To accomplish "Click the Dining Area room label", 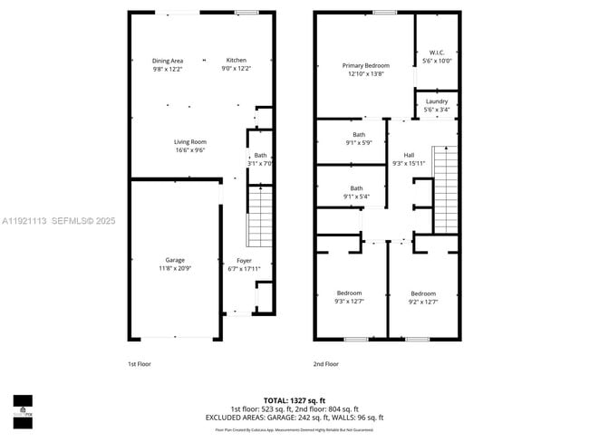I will pyautogui.click(x=167, y=61).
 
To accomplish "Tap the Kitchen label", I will pyautogui.click(x=236, y=61).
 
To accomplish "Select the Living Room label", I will pyautogui.click(x=190, y=142).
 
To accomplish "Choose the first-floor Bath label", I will pyautogui.click(x=260, y=155).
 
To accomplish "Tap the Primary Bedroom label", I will pyautogui.click(x=365, y=66).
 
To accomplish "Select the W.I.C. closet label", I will pyautogui.click(x=436, y=53).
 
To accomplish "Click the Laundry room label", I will pyautogui.click(x=437, y=101).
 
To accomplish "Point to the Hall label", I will pyautogui.click(x=409, y=155).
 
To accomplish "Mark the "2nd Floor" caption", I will pyautogui.click(x=326, y=364).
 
